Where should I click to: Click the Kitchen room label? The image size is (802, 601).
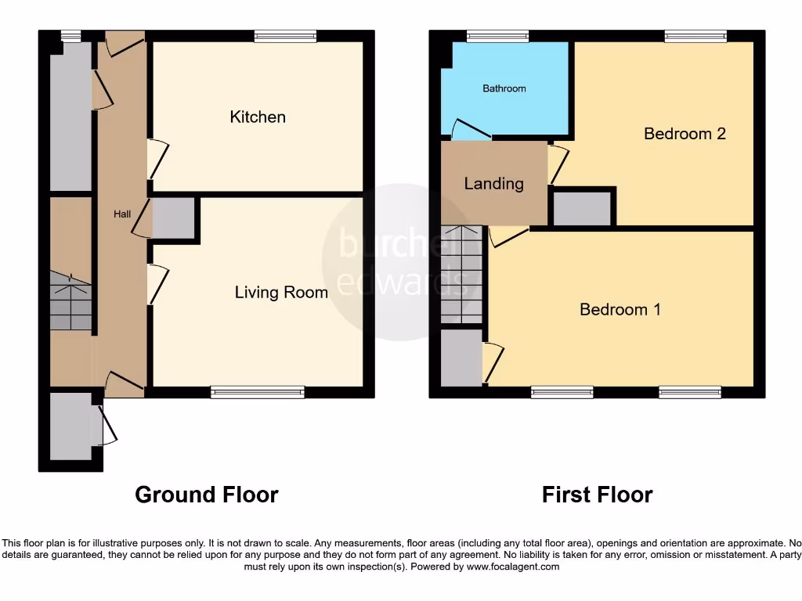coord(258,117)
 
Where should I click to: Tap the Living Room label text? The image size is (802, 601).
coord(281,293)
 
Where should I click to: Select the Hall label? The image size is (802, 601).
coord(121,214)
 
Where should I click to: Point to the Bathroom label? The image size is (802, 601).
coord(504,88)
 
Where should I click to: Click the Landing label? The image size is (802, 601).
coord(493,184)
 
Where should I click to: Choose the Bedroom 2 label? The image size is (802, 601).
coord(685,134)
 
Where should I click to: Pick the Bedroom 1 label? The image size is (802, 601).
coord(620,310)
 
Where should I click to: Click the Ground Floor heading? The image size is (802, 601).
coord(206,495)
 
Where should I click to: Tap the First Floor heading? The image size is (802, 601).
coord(597,495)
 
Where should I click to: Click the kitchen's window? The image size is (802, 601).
coord(285,35)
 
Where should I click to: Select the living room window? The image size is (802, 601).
coord(258,392)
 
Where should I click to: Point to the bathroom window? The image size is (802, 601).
coord(497,35)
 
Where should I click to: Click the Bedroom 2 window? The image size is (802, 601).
coord(695,35)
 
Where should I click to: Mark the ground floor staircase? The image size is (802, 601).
coord(71,301)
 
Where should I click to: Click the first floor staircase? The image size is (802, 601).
coord(461,274)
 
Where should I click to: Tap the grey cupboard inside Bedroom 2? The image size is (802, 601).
coord(582,208)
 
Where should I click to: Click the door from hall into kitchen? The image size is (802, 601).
coord(157,159)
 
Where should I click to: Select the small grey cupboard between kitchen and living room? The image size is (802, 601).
coord(173,218)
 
